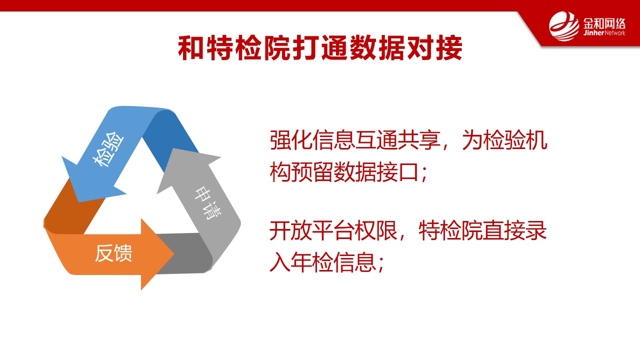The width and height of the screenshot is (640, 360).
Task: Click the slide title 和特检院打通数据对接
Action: click(320, 47)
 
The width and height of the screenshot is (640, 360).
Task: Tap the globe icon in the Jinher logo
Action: click(563, 26)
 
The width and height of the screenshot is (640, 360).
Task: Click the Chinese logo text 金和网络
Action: click(604, 23)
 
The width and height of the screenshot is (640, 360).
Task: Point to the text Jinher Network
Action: click(604, 33)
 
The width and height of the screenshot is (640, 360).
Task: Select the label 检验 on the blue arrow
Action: click(108, 149)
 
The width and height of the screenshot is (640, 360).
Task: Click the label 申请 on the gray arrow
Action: click(207, 203)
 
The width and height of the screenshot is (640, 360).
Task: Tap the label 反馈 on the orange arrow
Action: click(113, 253)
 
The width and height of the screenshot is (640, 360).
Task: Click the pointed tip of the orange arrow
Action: click(173, 253)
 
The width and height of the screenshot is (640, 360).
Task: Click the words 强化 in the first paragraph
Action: click(291, 140)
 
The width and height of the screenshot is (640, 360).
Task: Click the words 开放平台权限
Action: click(333, 230)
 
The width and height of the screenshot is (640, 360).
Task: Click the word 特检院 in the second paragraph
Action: click(450, 230)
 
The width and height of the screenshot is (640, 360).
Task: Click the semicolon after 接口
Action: click(423, 173)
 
